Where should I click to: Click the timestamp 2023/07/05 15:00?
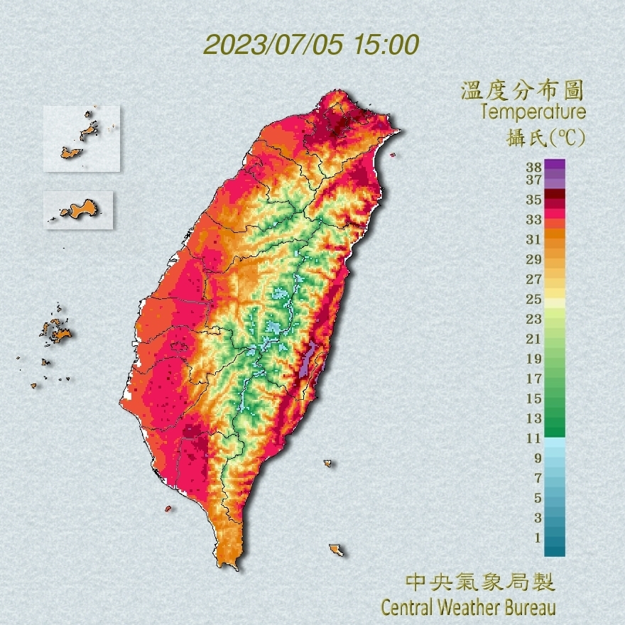coord(311,45)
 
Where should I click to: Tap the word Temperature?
coord(533,112)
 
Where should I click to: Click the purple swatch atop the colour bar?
coord(555,164)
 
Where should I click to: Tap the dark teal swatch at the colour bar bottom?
coord(555,549)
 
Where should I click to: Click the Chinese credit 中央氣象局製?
coord(479,583)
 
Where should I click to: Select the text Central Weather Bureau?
coord(468,608)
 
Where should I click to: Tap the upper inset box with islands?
coord(82,138)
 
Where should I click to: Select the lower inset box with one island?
coord(78,210)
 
